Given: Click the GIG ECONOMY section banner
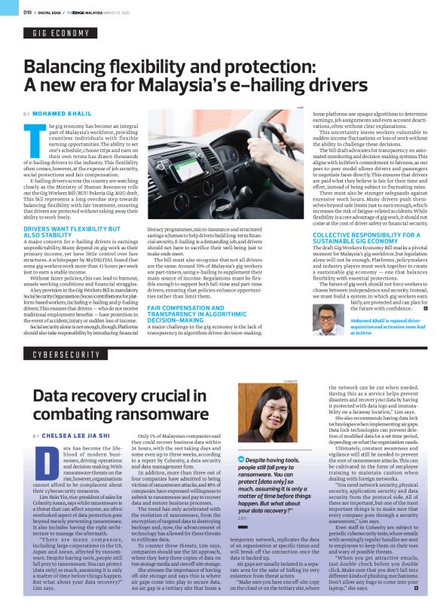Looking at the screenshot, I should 61,33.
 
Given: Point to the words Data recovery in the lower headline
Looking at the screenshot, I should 82,395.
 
